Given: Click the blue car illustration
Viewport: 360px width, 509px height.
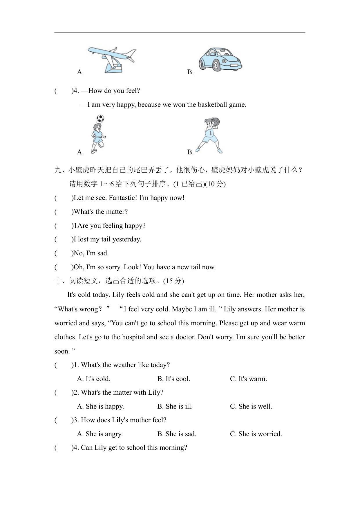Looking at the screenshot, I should click(x=220, y=59).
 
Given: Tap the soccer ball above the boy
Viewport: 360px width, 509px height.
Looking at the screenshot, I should click(x=100, y=118).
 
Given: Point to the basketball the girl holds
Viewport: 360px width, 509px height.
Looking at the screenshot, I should click(x=216, y=121).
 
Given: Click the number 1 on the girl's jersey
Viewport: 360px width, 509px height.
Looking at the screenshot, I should click(x=209, y=133).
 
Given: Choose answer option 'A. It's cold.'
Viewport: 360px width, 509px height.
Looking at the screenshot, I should click(x=94, y=379).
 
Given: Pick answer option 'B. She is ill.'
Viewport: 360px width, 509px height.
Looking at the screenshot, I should click(x=175, y=406).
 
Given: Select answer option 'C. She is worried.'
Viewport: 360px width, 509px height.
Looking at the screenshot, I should click(x=256, y=434).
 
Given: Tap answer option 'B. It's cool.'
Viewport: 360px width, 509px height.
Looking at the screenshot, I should click(x=174, y=379).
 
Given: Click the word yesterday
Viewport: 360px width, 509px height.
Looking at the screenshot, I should click(x=127, y=239).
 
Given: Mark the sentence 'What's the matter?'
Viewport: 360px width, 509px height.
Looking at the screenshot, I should click(x=101, y=212).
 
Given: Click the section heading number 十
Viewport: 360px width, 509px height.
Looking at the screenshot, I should click(x=58, y=281).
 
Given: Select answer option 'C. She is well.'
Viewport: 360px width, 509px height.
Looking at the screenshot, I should click(x=251, y=406).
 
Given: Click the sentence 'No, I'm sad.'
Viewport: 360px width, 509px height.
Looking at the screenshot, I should click(x=91, y=253).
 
